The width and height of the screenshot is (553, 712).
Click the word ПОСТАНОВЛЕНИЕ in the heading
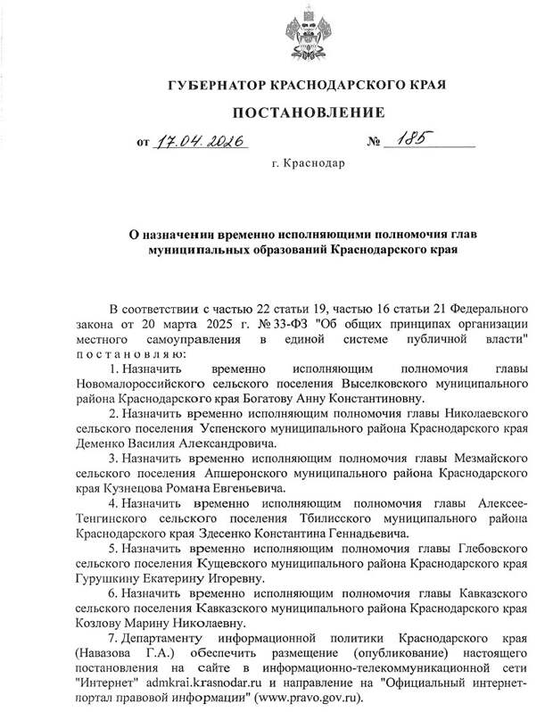pos(309,112)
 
